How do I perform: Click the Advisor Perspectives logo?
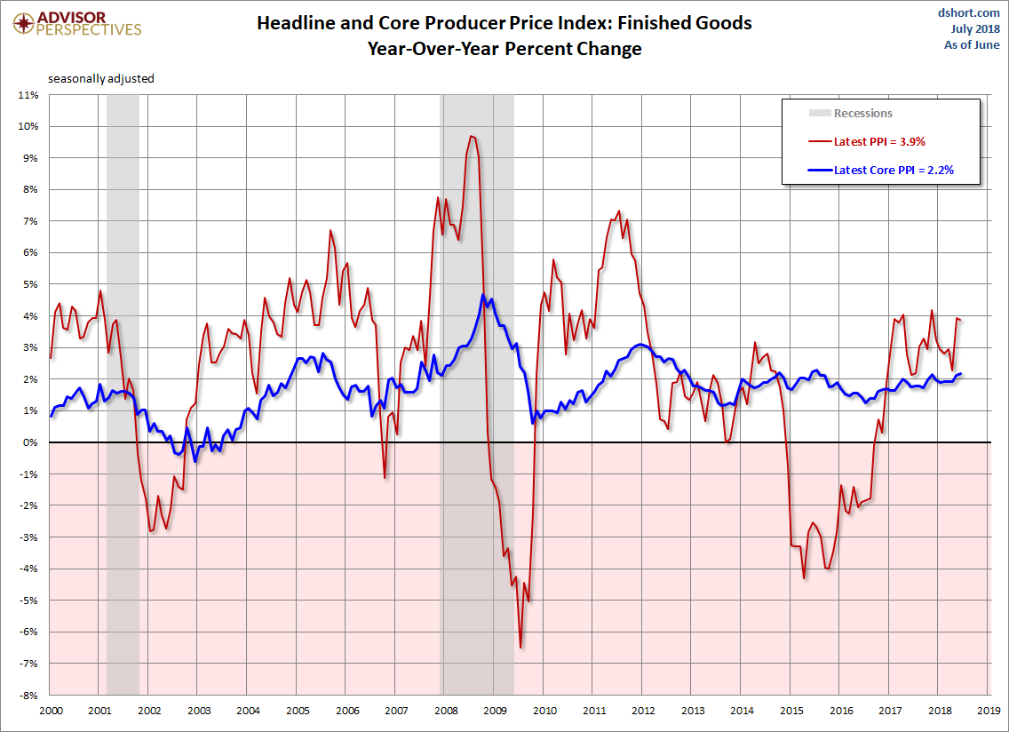78,23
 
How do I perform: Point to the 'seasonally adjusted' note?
101,78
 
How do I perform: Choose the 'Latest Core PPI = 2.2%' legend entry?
894,170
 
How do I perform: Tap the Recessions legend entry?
862,113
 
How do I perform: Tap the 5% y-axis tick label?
30,284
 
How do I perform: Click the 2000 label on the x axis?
50,711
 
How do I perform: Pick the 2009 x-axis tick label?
496,711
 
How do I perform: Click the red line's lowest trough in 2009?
520,648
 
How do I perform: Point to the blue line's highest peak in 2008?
482,295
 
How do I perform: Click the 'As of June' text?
972,45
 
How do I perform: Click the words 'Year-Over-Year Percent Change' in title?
504,49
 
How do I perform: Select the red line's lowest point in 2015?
804,578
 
